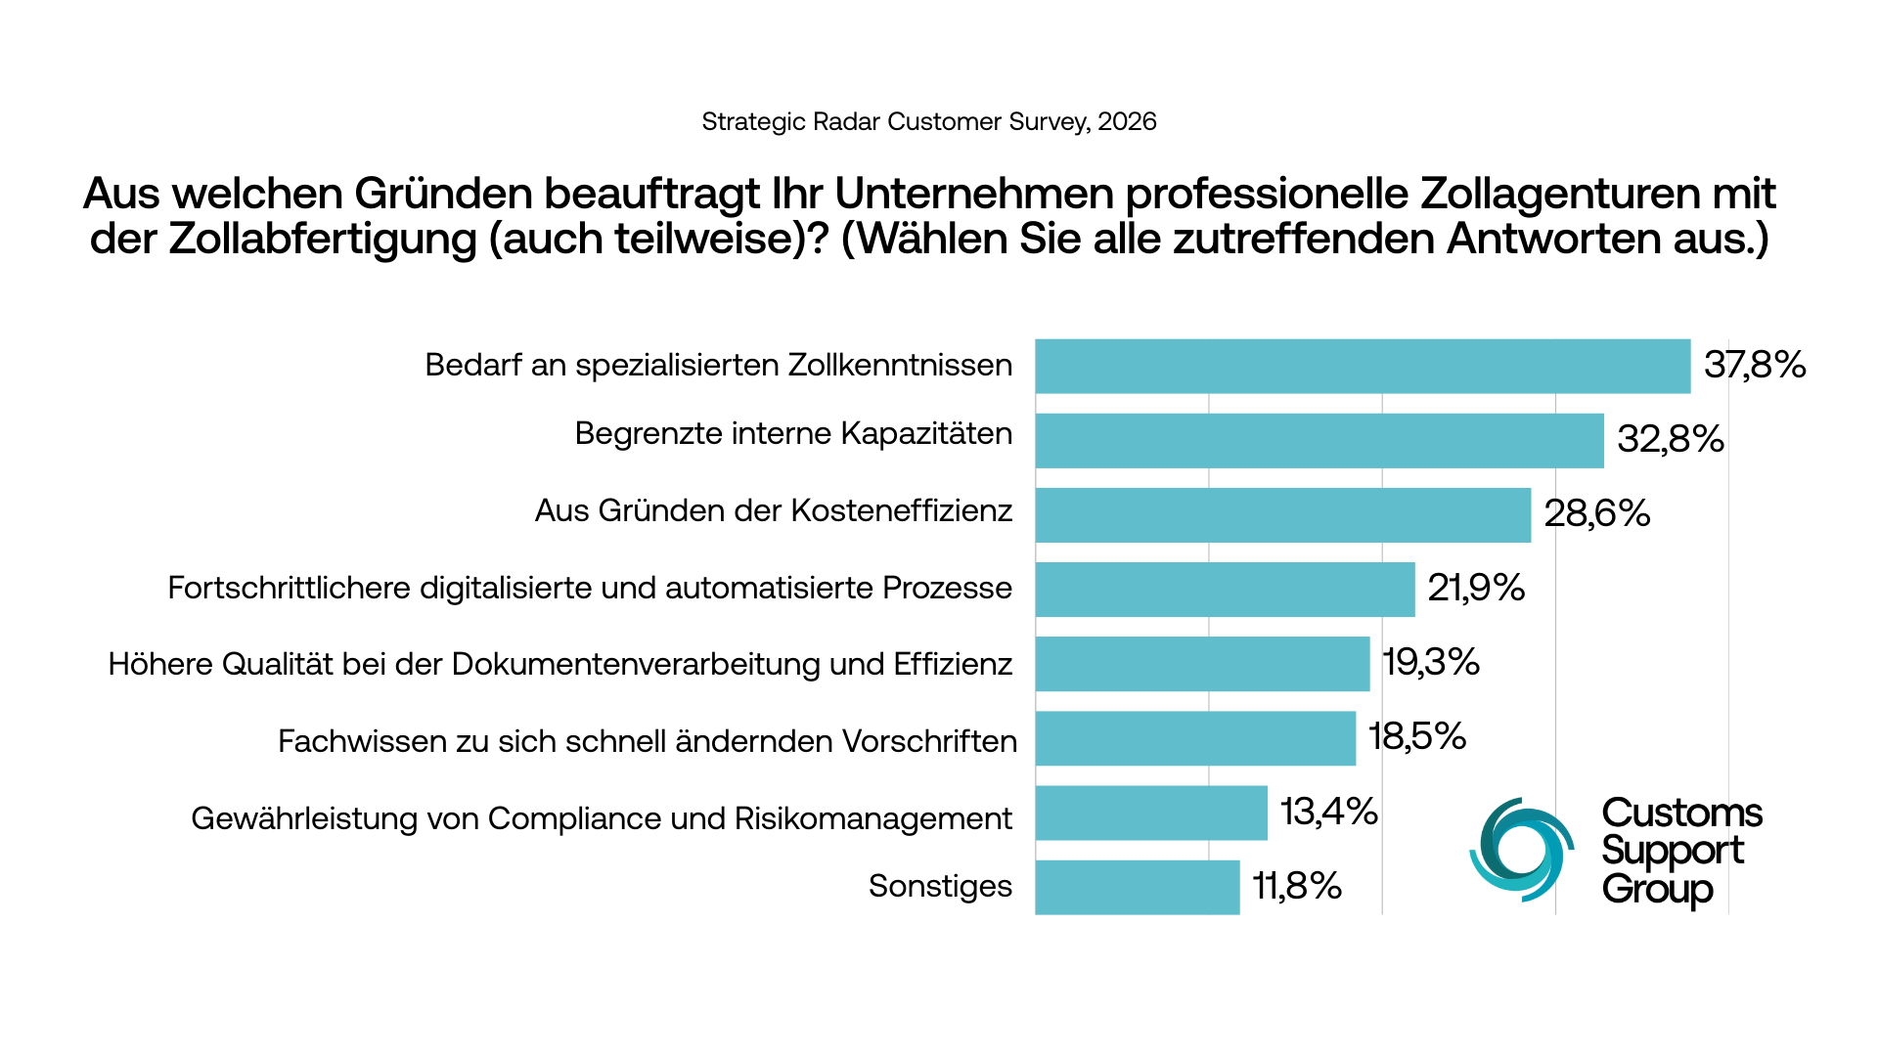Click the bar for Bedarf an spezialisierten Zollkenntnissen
pyautogui.click(x=1363, y=367)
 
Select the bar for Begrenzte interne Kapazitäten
pyautogui.click(x=1319, y=441)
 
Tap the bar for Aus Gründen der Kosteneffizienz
pyautogui.click(x=1282, y=515)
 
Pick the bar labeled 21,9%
pyautogui.click(x=1225, y=590)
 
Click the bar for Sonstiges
pyautogui.click(x=1137, y=888)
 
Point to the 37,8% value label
pyautogui.click(x=1755, y=366)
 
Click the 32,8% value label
pyautogui.click(x=1671, y=440)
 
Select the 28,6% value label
pyautogui.click(x=1597, y=514)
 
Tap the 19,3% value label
pyautogui.click(x=1431, y=663)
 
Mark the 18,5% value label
pyautogui.click(x=1417, y=737)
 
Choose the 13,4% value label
pyautogui.click(x=1329, y=813)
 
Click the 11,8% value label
pyautogui.click(x=1297, y=887)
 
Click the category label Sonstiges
pyautogui.click(x=940, y=886)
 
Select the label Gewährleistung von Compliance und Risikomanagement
pyautogui.click(x=602, y=818)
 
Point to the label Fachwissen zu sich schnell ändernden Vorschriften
pyautogui.click(x=648, y=741)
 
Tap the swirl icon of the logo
pyautogui.click(x=1521, y=850)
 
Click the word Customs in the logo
pyautogui.click(x=1681, y=814)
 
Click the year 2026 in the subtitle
pyautogui.click(x=1127, y=122)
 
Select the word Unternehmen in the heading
pyautogui.click(x=973, y=194)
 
